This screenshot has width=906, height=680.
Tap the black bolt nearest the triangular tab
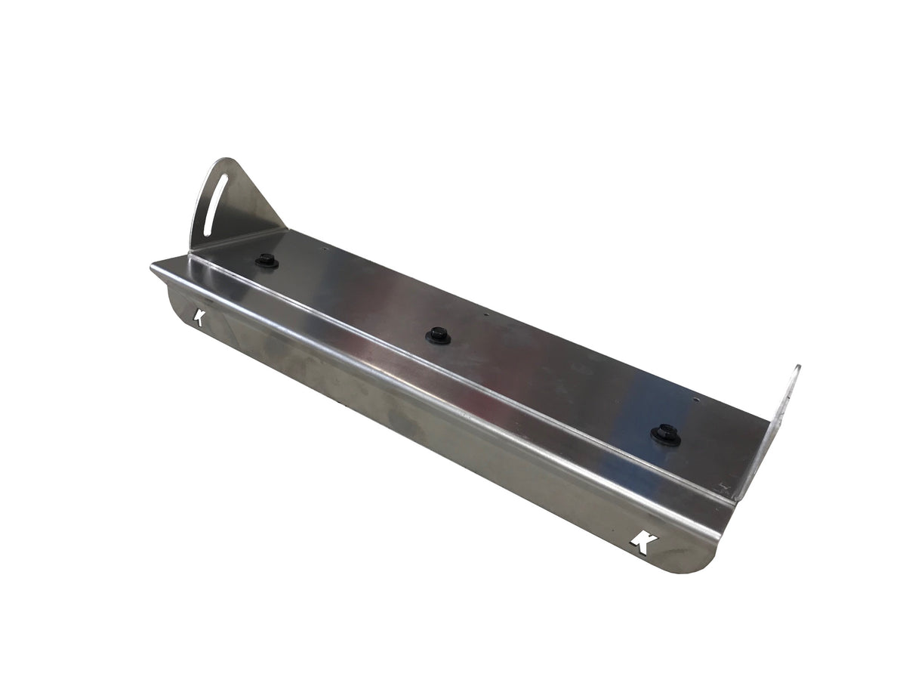tap(266, 260)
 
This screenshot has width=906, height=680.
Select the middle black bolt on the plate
tap(438, 335)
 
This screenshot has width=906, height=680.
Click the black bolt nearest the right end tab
tap(665, 434)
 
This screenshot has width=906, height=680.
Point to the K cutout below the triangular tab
tap(200, 317)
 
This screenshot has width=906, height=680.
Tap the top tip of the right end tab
tap(797, 368)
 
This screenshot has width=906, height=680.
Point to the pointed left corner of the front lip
tap(153, 265)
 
